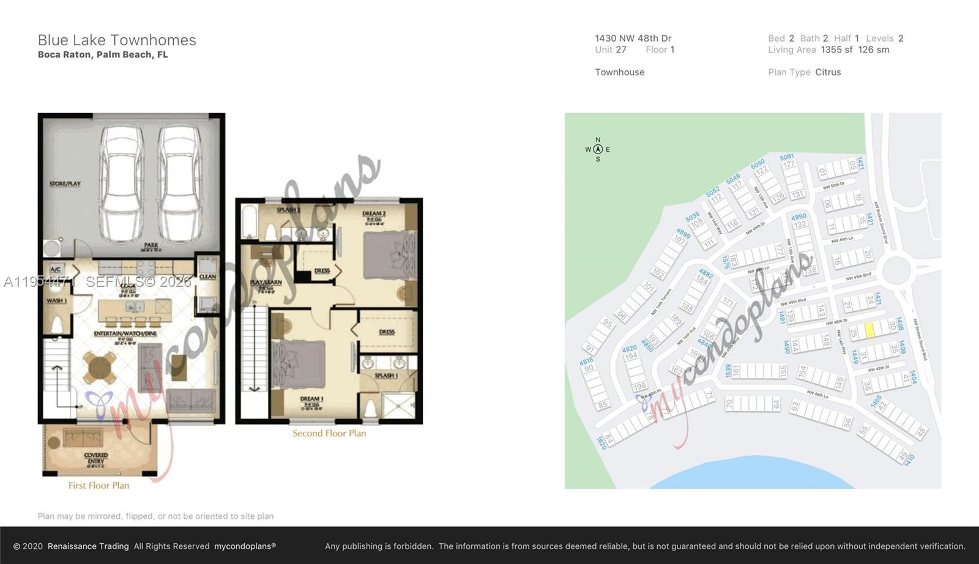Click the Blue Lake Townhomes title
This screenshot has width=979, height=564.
tap(117, 40)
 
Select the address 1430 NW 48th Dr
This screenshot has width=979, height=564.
tap(633, 38)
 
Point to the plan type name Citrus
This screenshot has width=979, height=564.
tap(828, 72)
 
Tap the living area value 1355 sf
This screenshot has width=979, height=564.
tap(836, 50)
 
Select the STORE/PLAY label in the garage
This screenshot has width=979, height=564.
tap(65, 184)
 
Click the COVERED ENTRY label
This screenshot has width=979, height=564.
tap(96, 459)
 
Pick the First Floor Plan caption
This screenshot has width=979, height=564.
tap(99, 486)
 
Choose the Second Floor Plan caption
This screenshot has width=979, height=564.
tap(329, 434)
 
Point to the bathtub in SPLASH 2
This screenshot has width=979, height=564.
tap(250, 223)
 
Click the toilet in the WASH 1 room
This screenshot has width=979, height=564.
tap(56, 324)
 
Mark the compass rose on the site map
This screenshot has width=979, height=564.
tap(598, 149)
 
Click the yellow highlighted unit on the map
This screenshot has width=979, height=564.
tap(869, 330)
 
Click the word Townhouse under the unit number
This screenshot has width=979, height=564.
tap(619, 72)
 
